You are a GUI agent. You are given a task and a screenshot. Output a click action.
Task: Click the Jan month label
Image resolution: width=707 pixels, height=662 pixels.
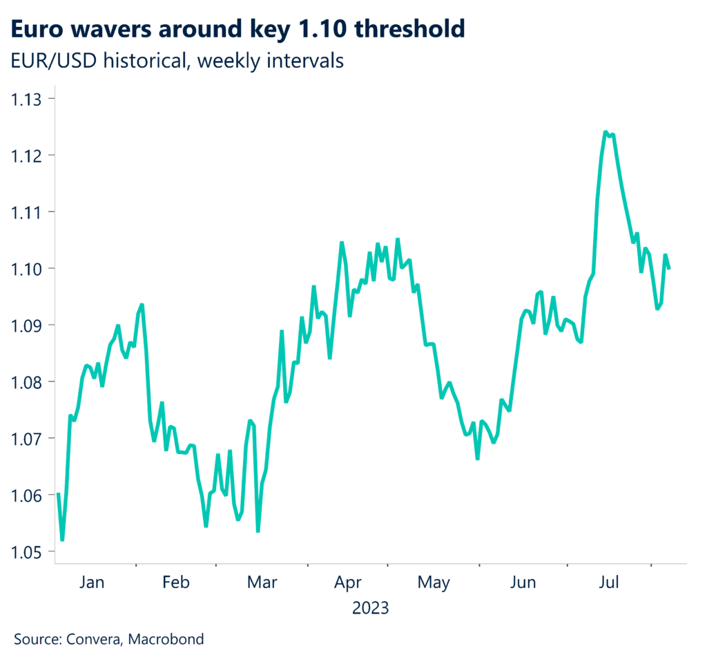(92, 583)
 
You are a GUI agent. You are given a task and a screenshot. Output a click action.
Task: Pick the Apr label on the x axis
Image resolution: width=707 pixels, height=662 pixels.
(348, 583)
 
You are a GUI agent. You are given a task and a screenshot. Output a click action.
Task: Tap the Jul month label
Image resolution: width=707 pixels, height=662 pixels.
(609, 583)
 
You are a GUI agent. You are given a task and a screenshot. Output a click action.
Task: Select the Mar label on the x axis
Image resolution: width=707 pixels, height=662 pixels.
(262, 583)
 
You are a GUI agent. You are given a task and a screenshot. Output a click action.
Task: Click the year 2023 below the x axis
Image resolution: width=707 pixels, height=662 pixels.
(371, 609)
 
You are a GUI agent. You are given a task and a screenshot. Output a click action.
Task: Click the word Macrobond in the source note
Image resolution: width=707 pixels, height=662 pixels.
(169, 639)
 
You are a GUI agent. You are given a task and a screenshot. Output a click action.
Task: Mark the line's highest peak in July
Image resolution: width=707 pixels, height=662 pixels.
(606, 131)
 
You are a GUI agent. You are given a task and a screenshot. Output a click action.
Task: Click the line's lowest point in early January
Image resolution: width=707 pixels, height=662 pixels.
(62, 540)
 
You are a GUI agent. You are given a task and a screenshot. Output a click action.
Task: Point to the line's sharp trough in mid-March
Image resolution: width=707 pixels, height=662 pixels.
(258, 531)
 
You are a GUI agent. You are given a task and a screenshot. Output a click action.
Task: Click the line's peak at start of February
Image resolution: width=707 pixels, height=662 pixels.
(142, 304)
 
